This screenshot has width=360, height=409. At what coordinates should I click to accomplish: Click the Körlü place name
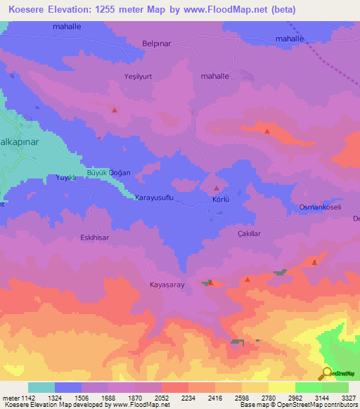tap(221, 199)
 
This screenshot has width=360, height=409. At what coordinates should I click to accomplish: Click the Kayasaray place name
tap(167, 285)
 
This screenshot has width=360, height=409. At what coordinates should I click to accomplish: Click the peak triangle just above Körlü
tap(217, 188)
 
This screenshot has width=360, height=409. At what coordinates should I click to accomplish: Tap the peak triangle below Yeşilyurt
tap(115, 110)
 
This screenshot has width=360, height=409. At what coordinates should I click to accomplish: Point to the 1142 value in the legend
tap(27, 397)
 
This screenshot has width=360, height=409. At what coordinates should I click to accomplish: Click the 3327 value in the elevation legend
tap(349, 397)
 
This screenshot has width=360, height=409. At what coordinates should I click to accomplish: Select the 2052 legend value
tap(161, 397)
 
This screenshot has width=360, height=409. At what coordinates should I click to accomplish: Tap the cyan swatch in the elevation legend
tap(41, 387)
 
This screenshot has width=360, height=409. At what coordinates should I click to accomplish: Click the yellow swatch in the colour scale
tap(282, 387)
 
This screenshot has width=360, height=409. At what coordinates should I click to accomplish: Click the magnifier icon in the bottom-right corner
tap(326, 373)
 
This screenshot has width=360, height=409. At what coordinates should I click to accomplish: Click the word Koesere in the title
tap(27, 9)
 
